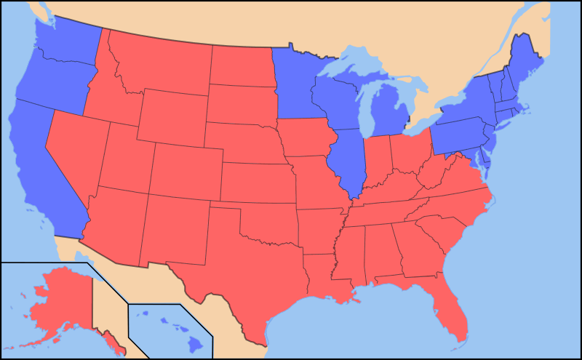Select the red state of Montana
coord(164,62)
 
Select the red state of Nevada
coord(76,153)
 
